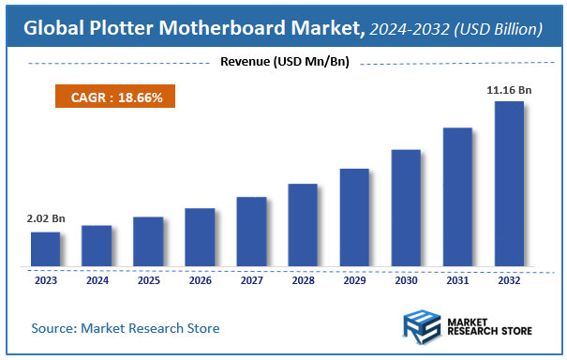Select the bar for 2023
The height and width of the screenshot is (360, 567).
point(45,248)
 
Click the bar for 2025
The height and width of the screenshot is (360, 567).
point(148,241)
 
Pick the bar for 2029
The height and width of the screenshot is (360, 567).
point(354,217)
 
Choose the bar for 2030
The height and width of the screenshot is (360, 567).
point(406,207)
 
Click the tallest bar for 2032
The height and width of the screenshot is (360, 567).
point(509,183)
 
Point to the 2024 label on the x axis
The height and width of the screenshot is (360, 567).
point(97,279)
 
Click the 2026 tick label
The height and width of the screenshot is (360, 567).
point(200,279)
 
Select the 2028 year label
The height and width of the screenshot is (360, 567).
point(303,279)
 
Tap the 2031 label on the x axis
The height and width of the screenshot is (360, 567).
point(457,279)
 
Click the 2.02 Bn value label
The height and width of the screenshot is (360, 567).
point(45,218)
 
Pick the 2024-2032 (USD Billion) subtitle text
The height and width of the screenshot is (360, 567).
point(455,30)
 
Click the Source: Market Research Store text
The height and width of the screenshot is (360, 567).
point(125,328)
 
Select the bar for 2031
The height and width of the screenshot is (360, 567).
point(457,196)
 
